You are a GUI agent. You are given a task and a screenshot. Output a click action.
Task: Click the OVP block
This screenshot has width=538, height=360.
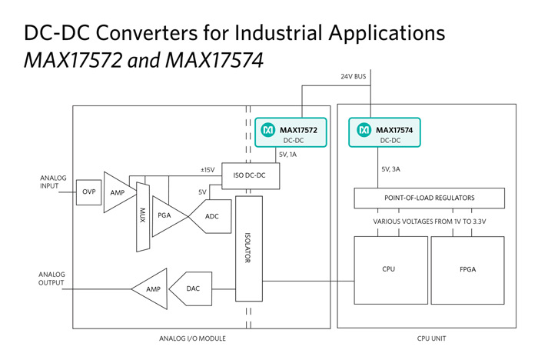(x=88, y=192)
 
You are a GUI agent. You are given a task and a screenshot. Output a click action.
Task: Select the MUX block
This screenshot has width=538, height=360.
(x=143, y=217)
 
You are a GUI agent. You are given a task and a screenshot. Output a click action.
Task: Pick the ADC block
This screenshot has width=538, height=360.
(x=210, y=216)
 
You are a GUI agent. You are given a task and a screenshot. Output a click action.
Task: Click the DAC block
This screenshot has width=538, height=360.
(x=191, y=289)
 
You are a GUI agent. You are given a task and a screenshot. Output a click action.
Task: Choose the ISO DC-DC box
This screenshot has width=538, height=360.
(x=251, y=176)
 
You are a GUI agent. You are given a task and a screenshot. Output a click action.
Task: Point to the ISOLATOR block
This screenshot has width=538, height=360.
(x=249, y=248)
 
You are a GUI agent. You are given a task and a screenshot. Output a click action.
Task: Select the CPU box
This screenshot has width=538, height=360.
(x=390, y=270)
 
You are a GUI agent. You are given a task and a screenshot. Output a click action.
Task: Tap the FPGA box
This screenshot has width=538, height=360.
(x=467, y=270)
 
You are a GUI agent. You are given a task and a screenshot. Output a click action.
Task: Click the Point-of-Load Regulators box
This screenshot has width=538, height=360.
(x=429, y=198)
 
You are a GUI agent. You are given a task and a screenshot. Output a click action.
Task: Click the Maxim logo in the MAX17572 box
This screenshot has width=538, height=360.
(x=268, y=130)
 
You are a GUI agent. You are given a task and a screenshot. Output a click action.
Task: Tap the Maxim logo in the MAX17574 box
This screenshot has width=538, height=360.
(x=364, y=130)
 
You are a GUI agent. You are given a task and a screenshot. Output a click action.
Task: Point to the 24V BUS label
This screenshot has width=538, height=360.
(x=353, y=76)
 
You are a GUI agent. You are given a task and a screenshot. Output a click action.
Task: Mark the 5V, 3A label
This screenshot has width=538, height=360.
(x=390, y=169)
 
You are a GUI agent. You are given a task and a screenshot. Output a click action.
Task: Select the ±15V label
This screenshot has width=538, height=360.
(x=208, y=170)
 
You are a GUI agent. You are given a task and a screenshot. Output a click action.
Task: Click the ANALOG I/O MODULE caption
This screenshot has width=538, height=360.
(x=192, y=338)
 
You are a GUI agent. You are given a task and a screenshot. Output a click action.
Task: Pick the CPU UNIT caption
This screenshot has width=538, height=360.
(x=432, y=338)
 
